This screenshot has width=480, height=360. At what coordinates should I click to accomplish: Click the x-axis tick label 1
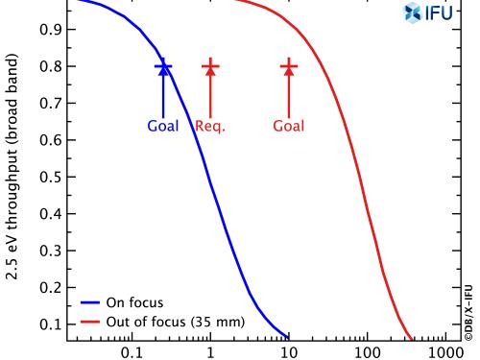point(210,351)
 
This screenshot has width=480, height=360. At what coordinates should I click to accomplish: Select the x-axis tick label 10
point(288,351)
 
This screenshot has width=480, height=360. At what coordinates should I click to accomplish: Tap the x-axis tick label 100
point(367,351)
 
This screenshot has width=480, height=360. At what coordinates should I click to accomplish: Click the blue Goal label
point(163,126)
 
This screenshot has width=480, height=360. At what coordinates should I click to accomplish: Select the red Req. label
point(210,126)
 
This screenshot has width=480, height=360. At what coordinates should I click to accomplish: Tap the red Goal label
point(289,126)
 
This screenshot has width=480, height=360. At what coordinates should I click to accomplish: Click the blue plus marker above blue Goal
point(164,66)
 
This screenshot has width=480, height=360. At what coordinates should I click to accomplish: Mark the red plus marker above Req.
point(210,66)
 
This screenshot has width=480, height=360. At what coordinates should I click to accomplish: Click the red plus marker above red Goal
point(289,66)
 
